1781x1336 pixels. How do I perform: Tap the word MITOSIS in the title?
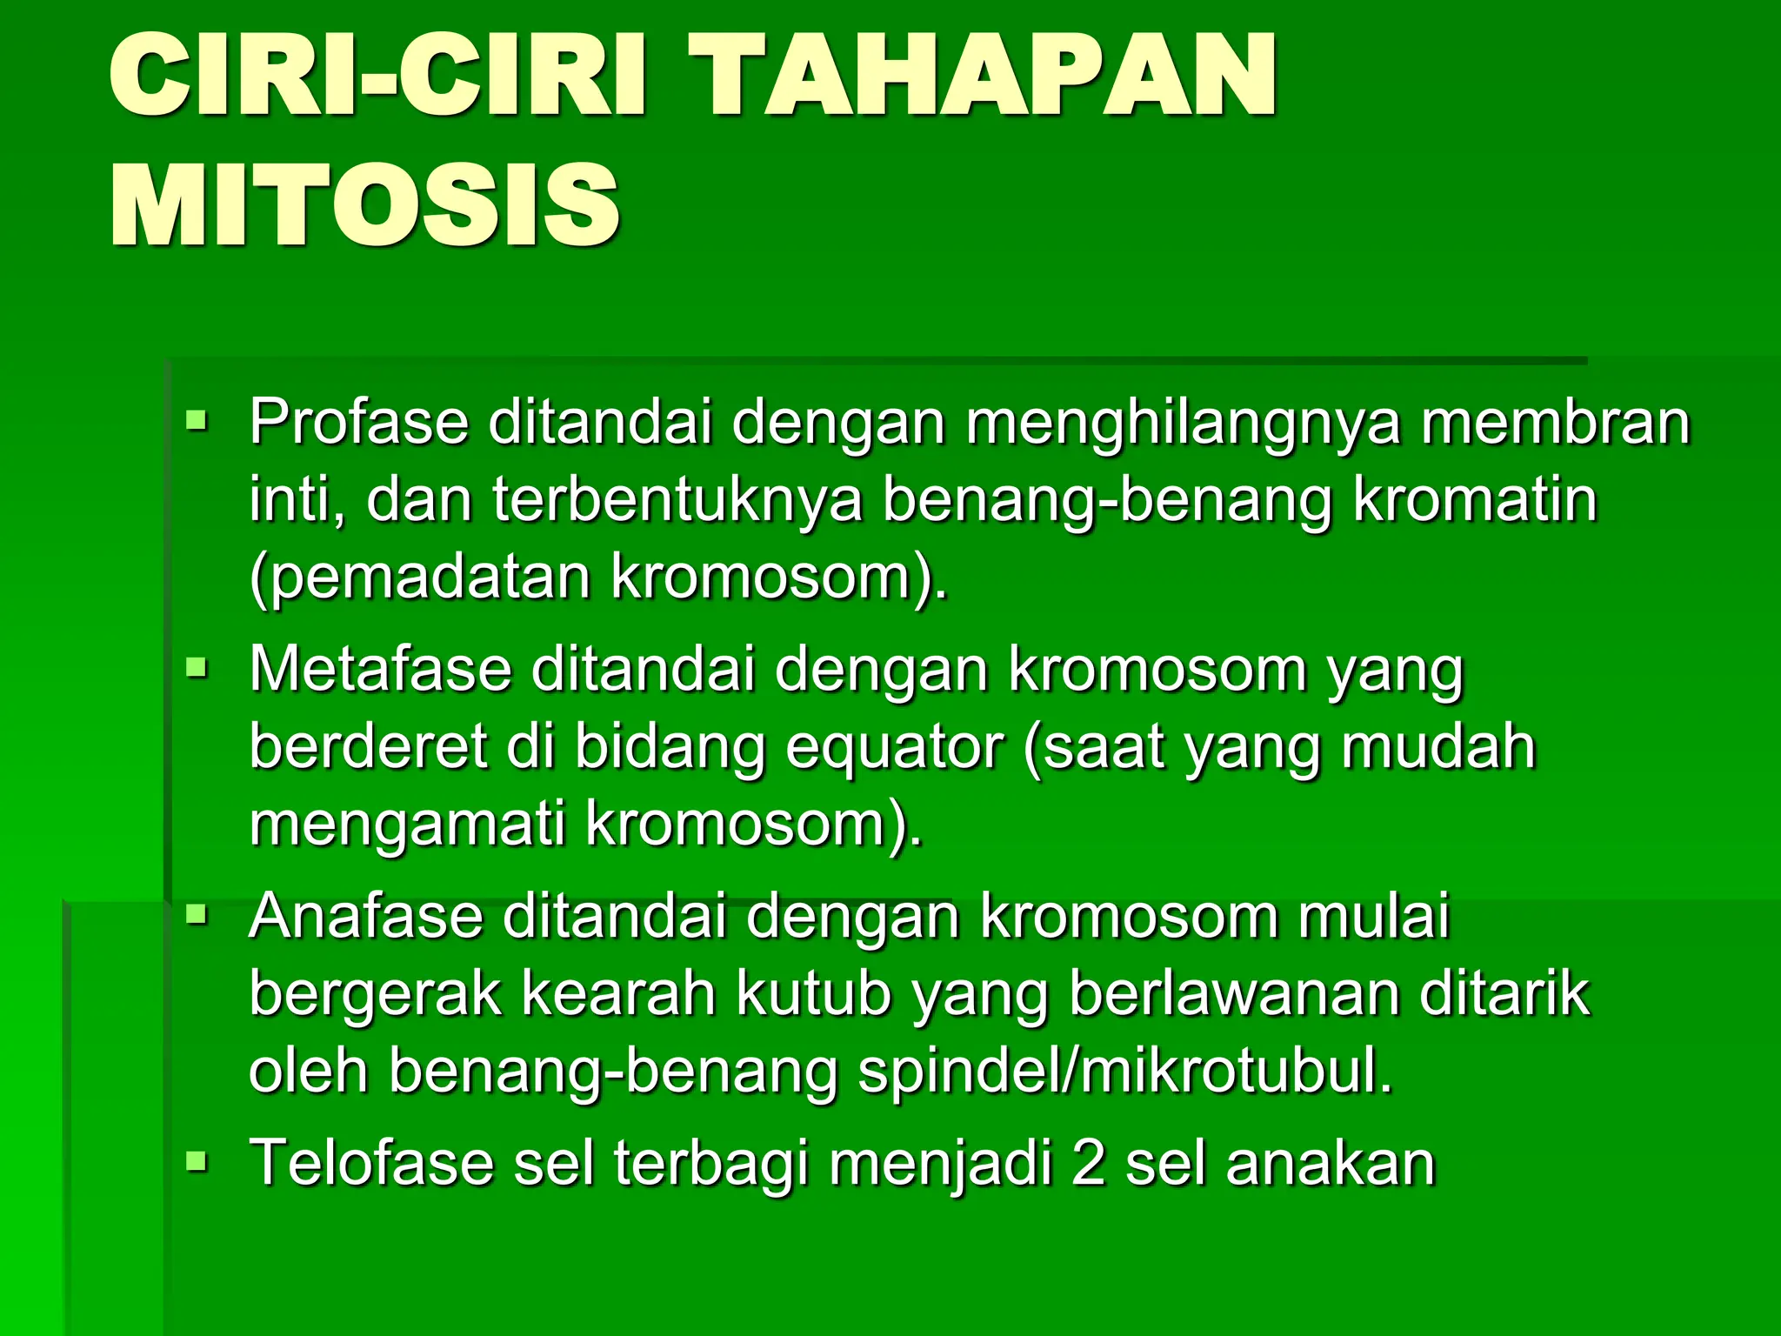[x=365, y=205]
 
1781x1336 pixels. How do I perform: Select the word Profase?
[x=358, y=421]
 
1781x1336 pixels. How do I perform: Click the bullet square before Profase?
[x=197, y=423]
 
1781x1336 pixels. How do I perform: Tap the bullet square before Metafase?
[x=197, y=670]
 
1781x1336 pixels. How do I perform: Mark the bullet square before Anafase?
[x=197, y=916]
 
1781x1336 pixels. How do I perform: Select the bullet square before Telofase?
[x=197, y=1163]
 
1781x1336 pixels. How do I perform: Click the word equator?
[x=895, y=748]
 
